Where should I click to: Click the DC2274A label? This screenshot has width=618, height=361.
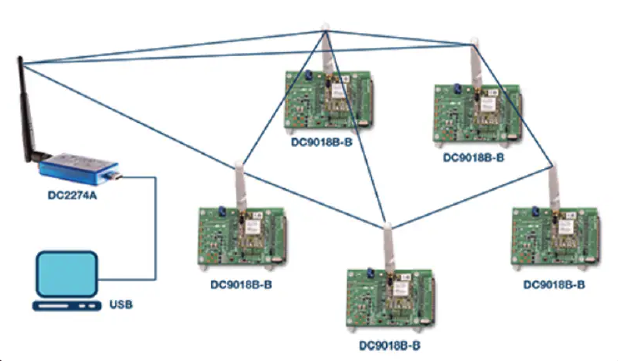72,195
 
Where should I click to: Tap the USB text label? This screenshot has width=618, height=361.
121,304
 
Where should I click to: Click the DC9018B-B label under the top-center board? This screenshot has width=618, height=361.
321,142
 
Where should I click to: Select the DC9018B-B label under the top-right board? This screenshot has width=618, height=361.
473,157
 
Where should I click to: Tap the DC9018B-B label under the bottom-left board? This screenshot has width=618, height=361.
241,284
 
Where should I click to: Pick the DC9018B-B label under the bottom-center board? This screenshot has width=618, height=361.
389,345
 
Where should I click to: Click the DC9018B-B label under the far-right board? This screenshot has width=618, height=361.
554,284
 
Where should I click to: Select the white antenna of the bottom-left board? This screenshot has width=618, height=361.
240,188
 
